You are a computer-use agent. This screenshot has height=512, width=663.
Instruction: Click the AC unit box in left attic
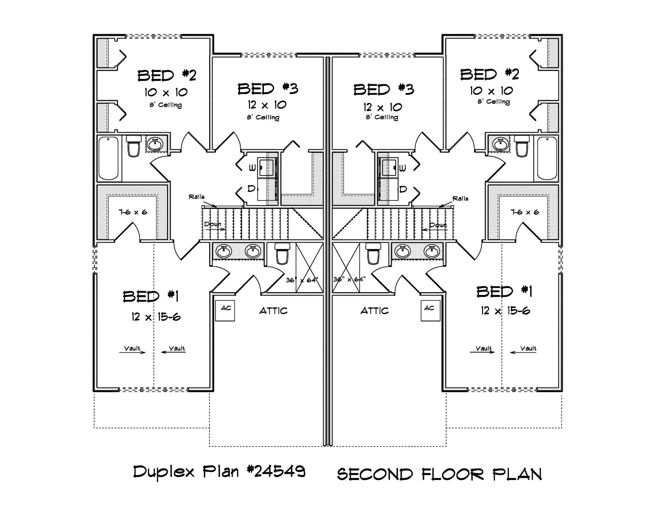[x=225, y=311]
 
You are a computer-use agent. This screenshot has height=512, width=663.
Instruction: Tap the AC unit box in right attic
[x=430, y=311]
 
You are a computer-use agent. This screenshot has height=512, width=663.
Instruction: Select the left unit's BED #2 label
[x=167, y=76]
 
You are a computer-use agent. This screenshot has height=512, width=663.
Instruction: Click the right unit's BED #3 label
[x=384, y=90]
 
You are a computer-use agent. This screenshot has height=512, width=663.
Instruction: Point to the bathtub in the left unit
[x=108, y=158]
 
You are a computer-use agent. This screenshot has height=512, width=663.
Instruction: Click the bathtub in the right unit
[x=547, y=158]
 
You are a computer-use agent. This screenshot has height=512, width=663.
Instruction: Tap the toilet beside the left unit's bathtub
[x=134, y=146]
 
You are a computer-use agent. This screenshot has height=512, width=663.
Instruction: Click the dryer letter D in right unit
[x=403, y=189]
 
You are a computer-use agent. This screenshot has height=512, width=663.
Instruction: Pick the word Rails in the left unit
[x=197, y=197]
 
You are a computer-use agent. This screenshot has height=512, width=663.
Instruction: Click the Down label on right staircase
[x=438, y=225]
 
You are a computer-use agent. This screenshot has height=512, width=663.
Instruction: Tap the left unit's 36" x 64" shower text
[x=302, y=280]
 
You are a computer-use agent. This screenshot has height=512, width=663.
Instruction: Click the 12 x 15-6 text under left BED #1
[x=156, y=317]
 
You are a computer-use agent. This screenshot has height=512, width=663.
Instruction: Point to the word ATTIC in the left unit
[x=273, y=311]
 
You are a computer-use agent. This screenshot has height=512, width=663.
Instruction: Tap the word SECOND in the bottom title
[x=375, y=475]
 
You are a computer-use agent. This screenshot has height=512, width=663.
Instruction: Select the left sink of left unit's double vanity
[x=224, y=251]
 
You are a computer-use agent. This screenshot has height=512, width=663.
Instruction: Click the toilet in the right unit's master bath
[x=373, y=253]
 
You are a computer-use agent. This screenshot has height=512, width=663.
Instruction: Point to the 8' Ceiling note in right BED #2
[x=494, y=102]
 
